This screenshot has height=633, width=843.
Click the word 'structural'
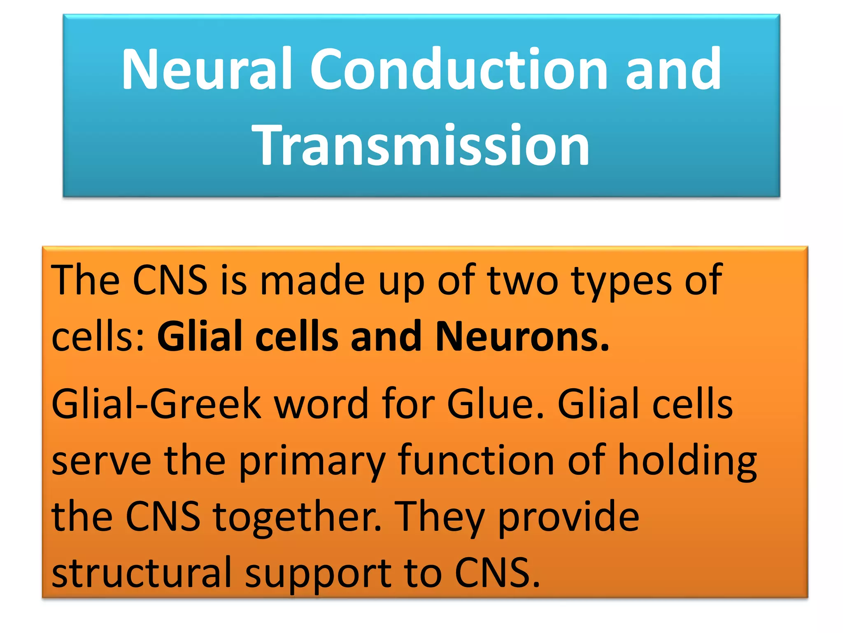tap(142, 573)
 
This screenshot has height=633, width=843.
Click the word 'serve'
tap(101, 462)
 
